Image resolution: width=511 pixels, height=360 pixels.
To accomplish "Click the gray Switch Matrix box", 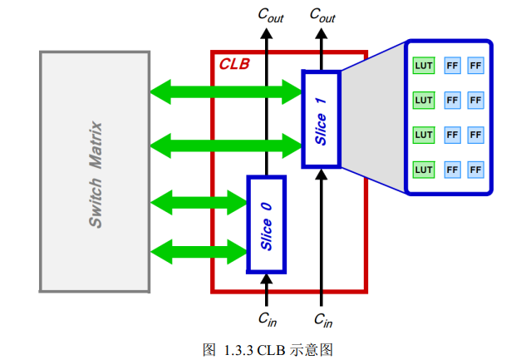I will (x=94, y=171).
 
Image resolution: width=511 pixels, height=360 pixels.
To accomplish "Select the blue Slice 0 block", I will (x=266, y=224).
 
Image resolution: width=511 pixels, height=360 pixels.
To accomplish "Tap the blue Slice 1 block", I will (x=321, y=119).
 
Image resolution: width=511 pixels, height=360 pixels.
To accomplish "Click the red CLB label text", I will (x=233, y=64).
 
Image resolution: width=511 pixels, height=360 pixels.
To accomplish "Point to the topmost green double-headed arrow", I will (x=225, y=91).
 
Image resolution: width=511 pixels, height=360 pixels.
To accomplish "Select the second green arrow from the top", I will (x=225, y=146).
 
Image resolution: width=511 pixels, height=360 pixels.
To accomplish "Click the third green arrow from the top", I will (x=198, y=201).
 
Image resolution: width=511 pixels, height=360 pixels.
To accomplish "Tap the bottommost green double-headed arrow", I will (x=198, y=250).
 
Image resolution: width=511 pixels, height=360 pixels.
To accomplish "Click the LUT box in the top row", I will (x=424, y=65).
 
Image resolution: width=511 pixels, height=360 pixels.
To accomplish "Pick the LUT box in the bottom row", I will (x=424, y=170).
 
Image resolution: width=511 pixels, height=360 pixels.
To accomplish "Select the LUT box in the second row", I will (x=424, y=100).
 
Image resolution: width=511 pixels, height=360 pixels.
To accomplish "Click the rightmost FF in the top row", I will (x=476, y=65).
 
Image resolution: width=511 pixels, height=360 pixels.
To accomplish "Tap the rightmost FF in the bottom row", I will (x=476, y=170).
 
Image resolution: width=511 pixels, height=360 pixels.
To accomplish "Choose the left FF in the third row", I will (x=453, y=135).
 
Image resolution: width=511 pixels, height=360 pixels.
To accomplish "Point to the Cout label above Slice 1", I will (x=322, y=14).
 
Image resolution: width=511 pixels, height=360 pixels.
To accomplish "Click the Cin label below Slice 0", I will (x=267, y=318).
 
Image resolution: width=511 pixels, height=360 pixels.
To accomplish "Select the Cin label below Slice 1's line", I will (x=323, y=318).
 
